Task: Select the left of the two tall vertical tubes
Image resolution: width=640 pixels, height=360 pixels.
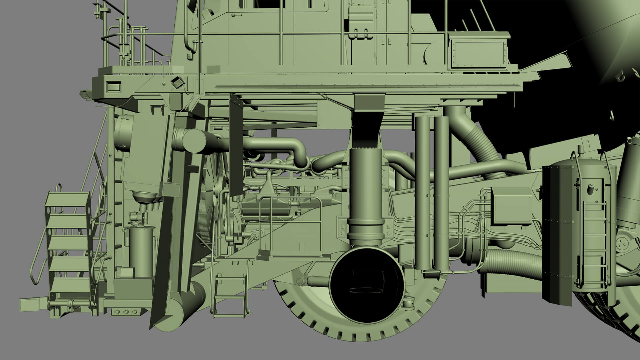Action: (422, 193)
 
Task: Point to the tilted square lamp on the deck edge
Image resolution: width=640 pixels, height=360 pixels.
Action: (178, 82)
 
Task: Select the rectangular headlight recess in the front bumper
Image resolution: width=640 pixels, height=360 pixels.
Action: (113, 86)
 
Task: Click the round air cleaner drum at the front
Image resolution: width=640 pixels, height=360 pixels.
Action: (123, 132)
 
